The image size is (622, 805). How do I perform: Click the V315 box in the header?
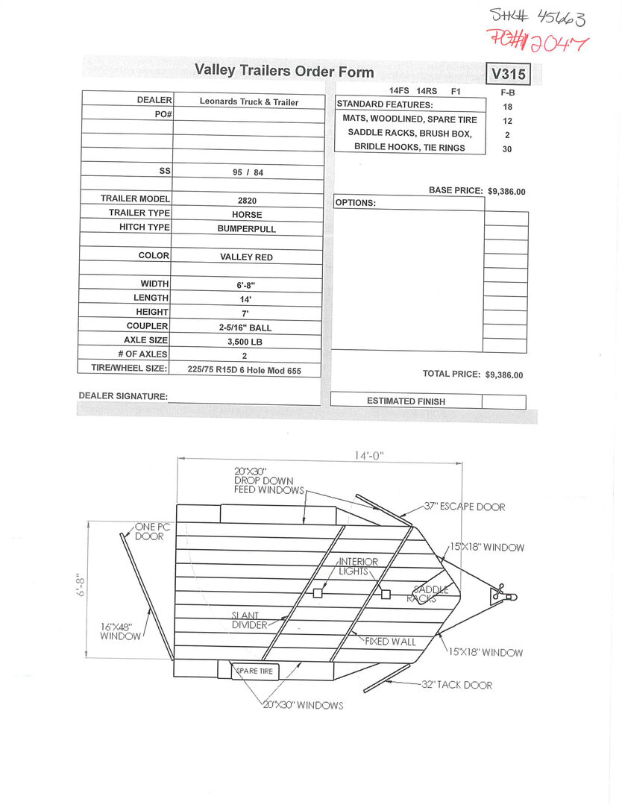coord(509,74)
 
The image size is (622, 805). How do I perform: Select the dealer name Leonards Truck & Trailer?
coord(249,102)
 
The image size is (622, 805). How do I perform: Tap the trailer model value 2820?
coord(247,201)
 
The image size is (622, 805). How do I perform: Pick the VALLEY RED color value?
coord(247,257)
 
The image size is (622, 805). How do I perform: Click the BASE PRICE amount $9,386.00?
coord(506,192)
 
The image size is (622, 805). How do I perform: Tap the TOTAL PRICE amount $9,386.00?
coord(503,375)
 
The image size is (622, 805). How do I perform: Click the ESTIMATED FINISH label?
coord(406,401)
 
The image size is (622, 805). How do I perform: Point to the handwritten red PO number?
coord(536,40)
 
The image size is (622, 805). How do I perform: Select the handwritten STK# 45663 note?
coord(536,15)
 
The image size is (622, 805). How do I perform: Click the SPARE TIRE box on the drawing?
coord(254,671)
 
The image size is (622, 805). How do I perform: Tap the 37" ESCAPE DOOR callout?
coord(464,507)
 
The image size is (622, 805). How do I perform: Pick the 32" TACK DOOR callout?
coord(456,685)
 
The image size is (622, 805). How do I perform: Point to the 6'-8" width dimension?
coord(81,584)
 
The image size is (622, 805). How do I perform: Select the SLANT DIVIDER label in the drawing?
coord(249,621)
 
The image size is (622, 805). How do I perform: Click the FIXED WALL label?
coord(390,642)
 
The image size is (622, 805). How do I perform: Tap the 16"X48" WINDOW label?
coord(121,631)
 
